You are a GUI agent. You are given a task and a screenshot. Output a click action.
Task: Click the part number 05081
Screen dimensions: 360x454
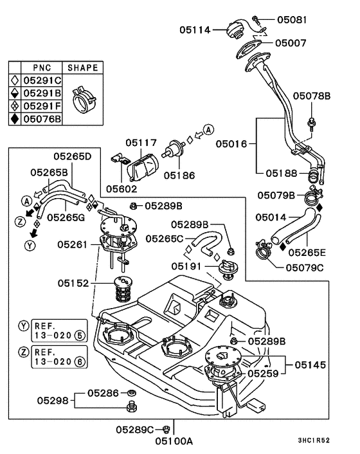point(291,20)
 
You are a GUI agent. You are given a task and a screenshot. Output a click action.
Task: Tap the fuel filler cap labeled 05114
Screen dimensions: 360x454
point(235,29)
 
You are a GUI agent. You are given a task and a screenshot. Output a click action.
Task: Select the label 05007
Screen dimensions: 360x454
point(291,43)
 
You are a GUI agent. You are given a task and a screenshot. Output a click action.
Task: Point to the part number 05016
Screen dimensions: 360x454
point(231,144)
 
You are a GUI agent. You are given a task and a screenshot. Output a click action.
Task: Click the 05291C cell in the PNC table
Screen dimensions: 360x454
point(42,80)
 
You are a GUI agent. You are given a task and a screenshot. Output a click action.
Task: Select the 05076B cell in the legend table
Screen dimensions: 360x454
point(42,119)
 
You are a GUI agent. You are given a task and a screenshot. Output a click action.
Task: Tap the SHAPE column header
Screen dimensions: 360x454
point(83,68)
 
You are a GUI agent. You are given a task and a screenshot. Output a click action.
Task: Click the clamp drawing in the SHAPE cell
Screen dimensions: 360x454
point(83,99)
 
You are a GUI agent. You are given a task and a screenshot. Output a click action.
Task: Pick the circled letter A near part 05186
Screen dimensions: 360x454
point(208,130)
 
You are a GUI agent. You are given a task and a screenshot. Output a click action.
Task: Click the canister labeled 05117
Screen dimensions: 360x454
point(143,168)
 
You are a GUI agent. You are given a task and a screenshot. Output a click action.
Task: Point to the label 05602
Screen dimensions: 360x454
point(122,189)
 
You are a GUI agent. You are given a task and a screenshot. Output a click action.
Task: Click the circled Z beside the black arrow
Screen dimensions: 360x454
point(21,222)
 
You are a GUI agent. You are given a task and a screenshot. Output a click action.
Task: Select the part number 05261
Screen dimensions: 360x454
point(73,244)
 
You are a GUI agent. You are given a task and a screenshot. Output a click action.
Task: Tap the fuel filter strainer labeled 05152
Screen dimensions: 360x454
point(123,289)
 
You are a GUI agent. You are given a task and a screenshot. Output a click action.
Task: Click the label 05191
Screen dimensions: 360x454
point(186,266)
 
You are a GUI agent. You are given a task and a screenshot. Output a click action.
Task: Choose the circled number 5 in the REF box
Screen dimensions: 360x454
point(80,335)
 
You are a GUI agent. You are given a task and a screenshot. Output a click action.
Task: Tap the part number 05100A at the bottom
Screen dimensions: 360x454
point(174,441)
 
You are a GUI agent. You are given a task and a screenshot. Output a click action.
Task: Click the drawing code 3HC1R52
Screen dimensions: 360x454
point(314,440)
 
